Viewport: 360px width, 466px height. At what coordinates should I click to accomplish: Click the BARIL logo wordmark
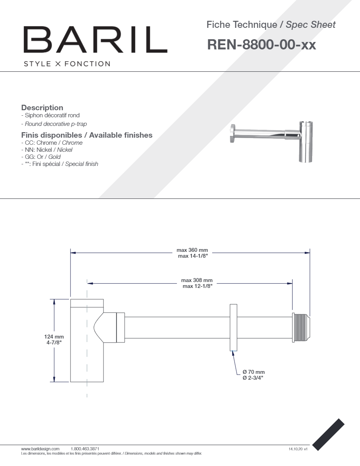(95, 40)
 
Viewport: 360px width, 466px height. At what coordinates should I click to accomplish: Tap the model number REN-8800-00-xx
(261, 45)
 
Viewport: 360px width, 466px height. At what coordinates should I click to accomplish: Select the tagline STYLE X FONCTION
(67, 64)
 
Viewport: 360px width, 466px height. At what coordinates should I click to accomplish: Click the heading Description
(42, 107)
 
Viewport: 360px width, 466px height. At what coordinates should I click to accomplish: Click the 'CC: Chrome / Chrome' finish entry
(52, 143)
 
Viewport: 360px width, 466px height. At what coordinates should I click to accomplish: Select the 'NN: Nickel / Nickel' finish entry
(47, 150)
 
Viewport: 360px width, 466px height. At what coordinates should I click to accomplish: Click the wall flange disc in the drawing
(233, 327)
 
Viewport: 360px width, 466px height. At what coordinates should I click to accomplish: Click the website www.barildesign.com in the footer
(40, 448)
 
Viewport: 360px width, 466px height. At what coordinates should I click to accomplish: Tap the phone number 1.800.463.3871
(85, 448)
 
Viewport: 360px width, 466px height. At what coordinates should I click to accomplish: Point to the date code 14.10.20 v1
(298, 449)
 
